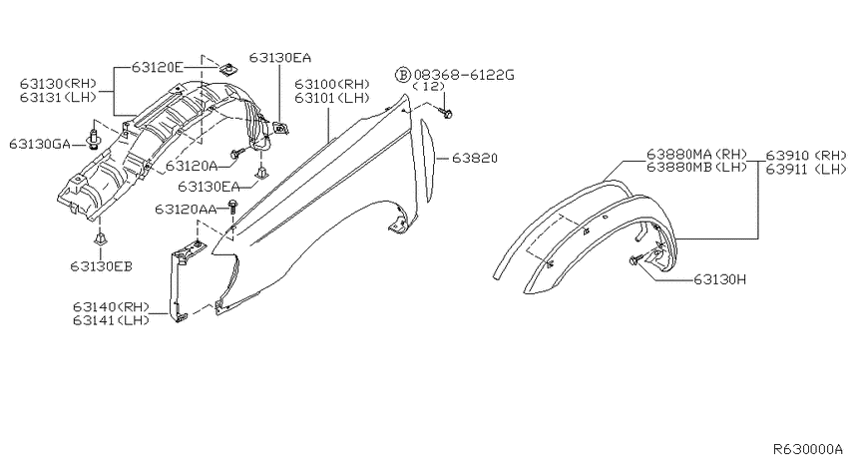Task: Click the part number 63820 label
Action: tap(474, 158)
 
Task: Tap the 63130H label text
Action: tap(719, 279)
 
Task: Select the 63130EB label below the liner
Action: tap(101, 266)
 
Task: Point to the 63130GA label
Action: tap(40, 144)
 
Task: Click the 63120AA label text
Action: tap(186, 209)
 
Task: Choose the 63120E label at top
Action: tap(158, 67)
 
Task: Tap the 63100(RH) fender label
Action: tap(332, 85)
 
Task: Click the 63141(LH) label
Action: tap(111, 320)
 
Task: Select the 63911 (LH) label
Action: tap(805, 170)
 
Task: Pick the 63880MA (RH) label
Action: tap(696, 155)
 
